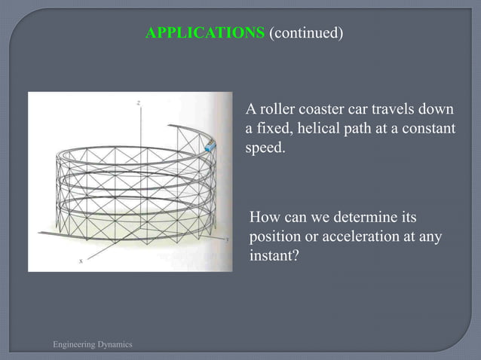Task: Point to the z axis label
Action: [x=138, y=100]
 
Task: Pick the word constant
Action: [x=431, y=128]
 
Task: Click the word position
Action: [x=273, y=237]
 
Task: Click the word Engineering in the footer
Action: [x=74, y=344]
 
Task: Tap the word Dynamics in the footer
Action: [x=115, y=344]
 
